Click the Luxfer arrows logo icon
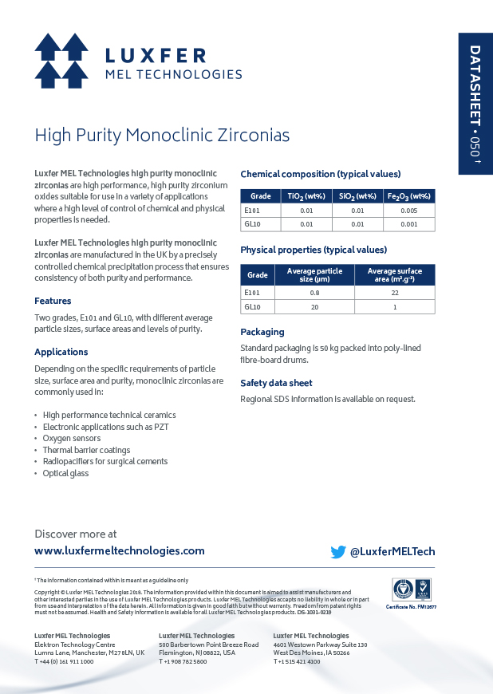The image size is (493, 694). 61,61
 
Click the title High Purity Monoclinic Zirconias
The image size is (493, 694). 162,135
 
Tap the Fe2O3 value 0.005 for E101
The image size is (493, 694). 409,211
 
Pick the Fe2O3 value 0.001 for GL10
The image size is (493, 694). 409,224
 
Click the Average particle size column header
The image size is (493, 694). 314,275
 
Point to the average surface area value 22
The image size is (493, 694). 394,293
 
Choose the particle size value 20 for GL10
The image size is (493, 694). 314,307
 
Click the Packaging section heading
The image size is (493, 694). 262,332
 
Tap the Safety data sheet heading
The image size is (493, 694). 276,383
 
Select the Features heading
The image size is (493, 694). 53,301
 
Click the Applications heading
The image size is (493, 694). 61,352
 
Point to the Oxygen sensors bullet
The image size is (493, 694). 72,438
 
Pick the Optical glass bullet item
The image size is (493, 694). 65,473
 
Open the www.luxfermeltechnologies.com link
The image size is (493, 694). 120,550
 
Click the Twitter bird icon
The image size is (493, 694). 338,551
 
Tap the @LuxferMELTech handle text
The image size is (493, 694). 392,551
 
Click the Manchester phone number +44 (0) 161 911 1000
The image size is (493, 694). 64,661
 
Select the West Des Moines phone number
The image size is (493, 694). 297,661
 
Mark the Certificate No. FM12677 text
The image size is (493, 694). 412,607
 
